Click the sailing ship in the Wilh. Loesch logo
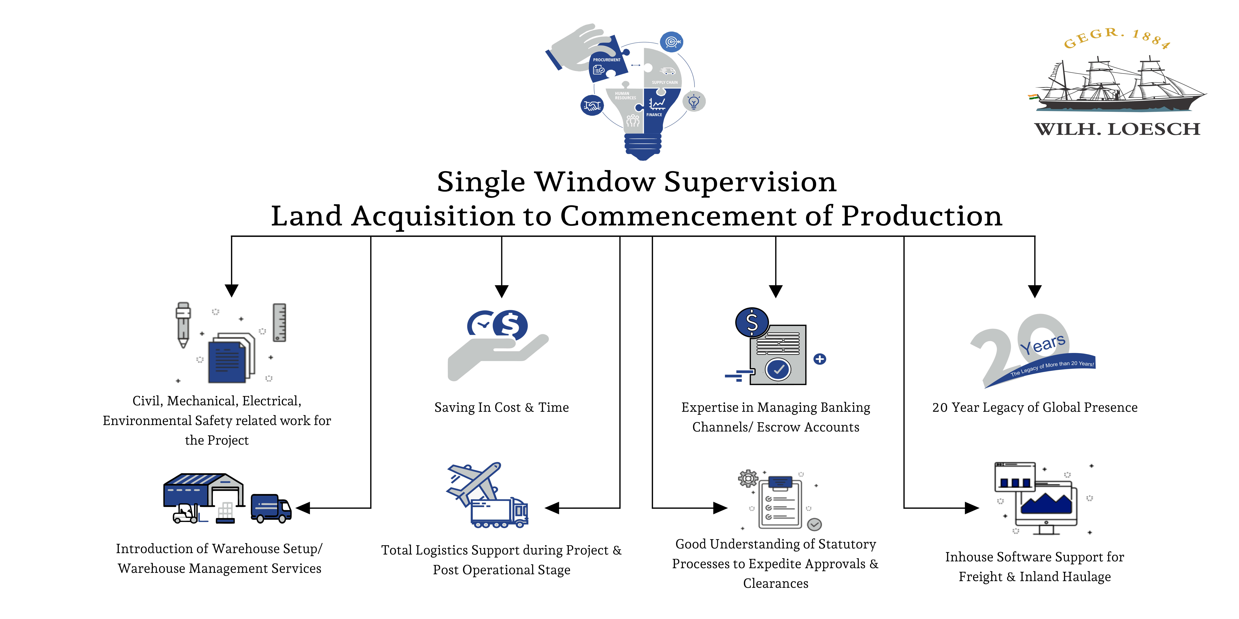coord(1116,87)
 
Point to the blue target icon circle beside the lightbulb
coord(671,42)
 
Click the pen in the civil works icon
coord(183,324)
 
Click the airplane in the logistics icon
coord(474,483)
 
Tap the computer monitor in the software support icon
coord(1046,505)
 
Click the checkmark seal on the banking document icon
coord(778,369)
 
